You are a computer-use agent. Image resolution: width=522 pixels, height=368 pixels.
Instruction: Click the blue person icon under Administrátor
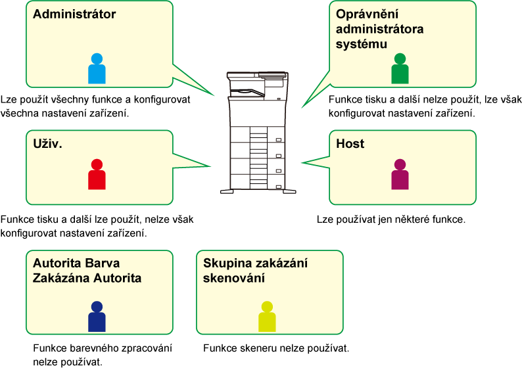(97, 69)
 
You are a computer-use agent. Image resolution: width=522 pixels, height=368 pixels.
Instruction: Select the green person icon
(400, 69)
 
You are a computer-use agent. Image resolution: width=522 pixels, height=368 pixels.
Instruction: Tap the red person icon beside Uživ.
(97, 175)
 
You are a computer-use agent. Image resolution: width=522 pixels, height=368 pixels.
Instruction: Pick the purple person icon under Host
(400, 175)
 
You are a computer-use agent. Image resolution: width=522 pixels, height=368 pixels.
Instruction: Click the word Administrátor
(74, 14)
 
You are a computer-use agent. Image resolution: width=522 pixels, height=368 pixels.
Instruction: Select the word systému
(361, 43)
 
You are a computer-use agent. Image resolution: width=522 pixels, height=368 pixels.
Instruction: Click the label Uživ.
(47, 143)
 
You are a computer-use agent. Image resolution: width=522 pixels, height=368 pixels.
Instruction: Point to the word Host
(350, 143)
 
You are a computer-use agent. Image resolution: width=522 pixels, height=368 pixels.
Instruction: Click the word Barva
(102, 264)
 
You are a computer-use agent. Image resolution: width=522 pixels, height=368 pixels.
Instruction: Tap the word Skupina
(225, 264)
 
